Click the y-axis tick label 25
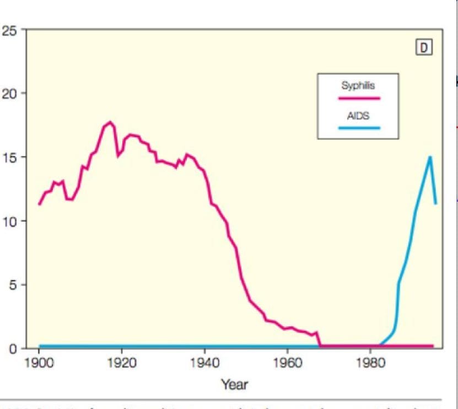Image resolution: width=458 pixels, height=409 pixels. click(x=9, y=30)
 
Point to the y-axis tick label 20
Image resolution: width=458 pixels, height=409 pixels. click(x=9, y=93)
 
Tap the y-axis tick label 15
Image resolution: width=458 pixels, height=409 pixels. click(x=9, y=157)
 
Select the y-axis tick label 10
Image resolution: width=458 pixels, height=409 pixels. click(x=9, y=221)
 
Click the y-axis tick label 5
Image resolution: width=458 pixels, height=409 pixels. click(x=12, y=285)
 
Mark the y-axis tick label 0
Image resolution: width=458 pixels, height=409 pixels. click(x=12, y=348)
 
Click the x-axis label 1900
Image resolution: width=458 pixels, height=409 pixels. click(x=39, y=364)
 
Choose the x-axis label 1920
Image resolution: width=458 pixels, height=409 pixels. click(x=122, y=364)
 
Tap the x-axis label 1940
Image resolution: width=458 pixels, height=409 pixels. click(x=205, y=364)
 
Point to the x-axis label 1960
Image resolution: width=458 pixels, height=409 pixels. click(x=287, y=364)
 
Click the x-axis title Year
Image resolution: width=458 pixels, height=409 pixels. click(x=234, y=384)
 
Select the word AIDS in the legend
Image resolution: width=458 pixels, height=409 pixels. click(x=358, y=117)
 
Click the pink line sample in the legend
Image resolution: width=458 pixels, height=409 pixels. click(x=359, y=98)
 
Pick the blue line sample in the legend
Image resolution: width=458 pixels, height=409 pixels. click(x=359, y=128)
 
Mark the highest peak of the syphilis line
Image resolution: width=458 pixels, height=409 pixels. click(x=110, y=122)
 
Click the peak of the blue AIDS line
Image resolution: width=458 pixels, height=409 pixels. click(x=430, y=157)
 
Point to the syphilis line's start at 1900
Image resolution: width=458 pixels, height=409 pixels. click(x=39, y=204)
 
